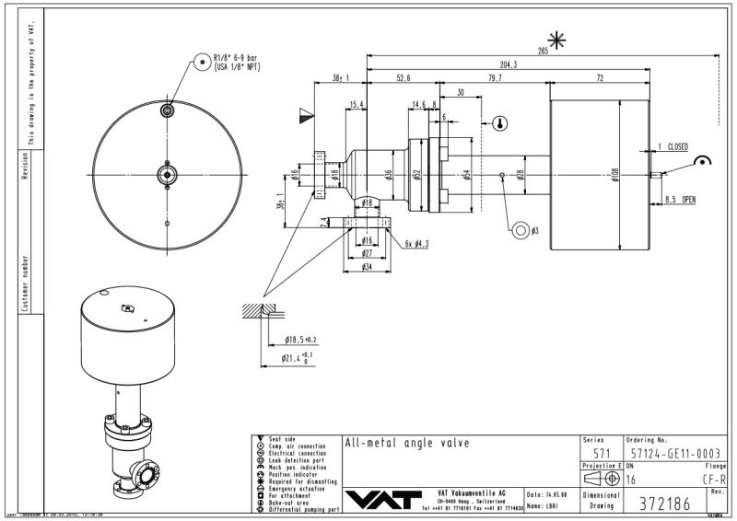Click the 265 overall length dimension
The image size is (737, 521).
click(x=543, y=52)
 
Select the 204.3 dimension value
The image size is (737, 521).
click(x=509, y=64)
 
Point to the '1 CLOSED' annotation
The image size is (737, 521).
click(x=674, y=146)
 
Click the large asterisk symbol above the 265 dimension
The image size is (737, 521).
click(x=556, y=39)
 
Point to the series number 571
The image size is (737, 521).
click(x=602, y=454)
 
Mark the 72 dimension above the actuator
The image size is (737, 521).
click(x=600, y=78)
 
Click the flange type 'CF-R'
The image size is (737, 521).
click(x=714, y=479)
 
